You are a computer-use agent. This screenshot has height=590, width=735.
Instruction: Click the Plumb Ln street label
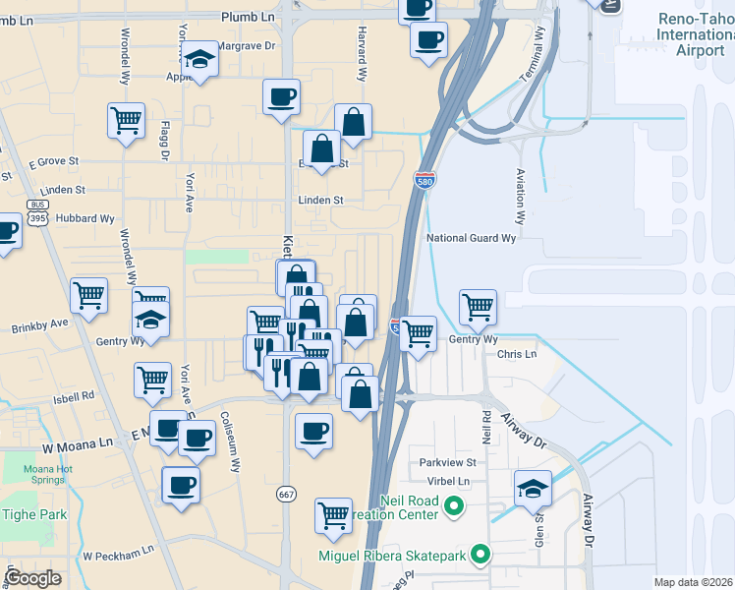pyautogui.click(x=248, y=17)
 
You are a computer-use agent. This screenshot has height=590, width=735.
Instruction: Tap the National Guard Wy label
pyautogui.click(x=471, y=238)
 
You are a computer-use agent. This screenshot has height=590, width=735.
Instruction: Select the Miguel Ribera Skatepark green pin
pyautogui.click(x=481, y=556)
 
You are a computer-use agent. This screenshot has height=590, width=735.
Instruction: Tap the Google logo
pyautogui.click(x=32, y=578)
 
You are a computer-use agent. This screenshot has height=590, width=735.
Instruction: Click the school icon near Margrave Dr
pyautogui.click(x=199, y=61)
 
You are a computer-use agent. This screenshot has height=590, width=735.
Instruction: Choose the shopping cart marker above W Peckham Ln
pyautogui.click(x=333, y=514)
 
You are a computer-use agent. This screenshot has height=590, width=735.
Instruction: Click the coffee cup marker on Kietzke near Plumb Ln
pyautogui.click(x=281, y=96)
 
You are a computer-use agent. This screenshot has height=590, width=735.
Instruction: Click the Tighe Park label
pyautogui.click(x=32, y=514)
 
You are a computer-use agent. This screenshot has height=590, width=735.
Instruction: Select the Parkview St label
pyautogui.click(x=447, y=462)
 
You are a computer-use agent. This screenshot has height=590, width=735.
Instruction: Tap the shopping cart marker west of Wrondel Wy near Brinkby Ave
pyautogui.click(x=88, y=294)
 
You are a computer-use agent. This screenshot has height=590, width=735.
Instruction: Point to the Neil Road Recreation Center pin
pyautogui.click(x=452, y=507)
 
